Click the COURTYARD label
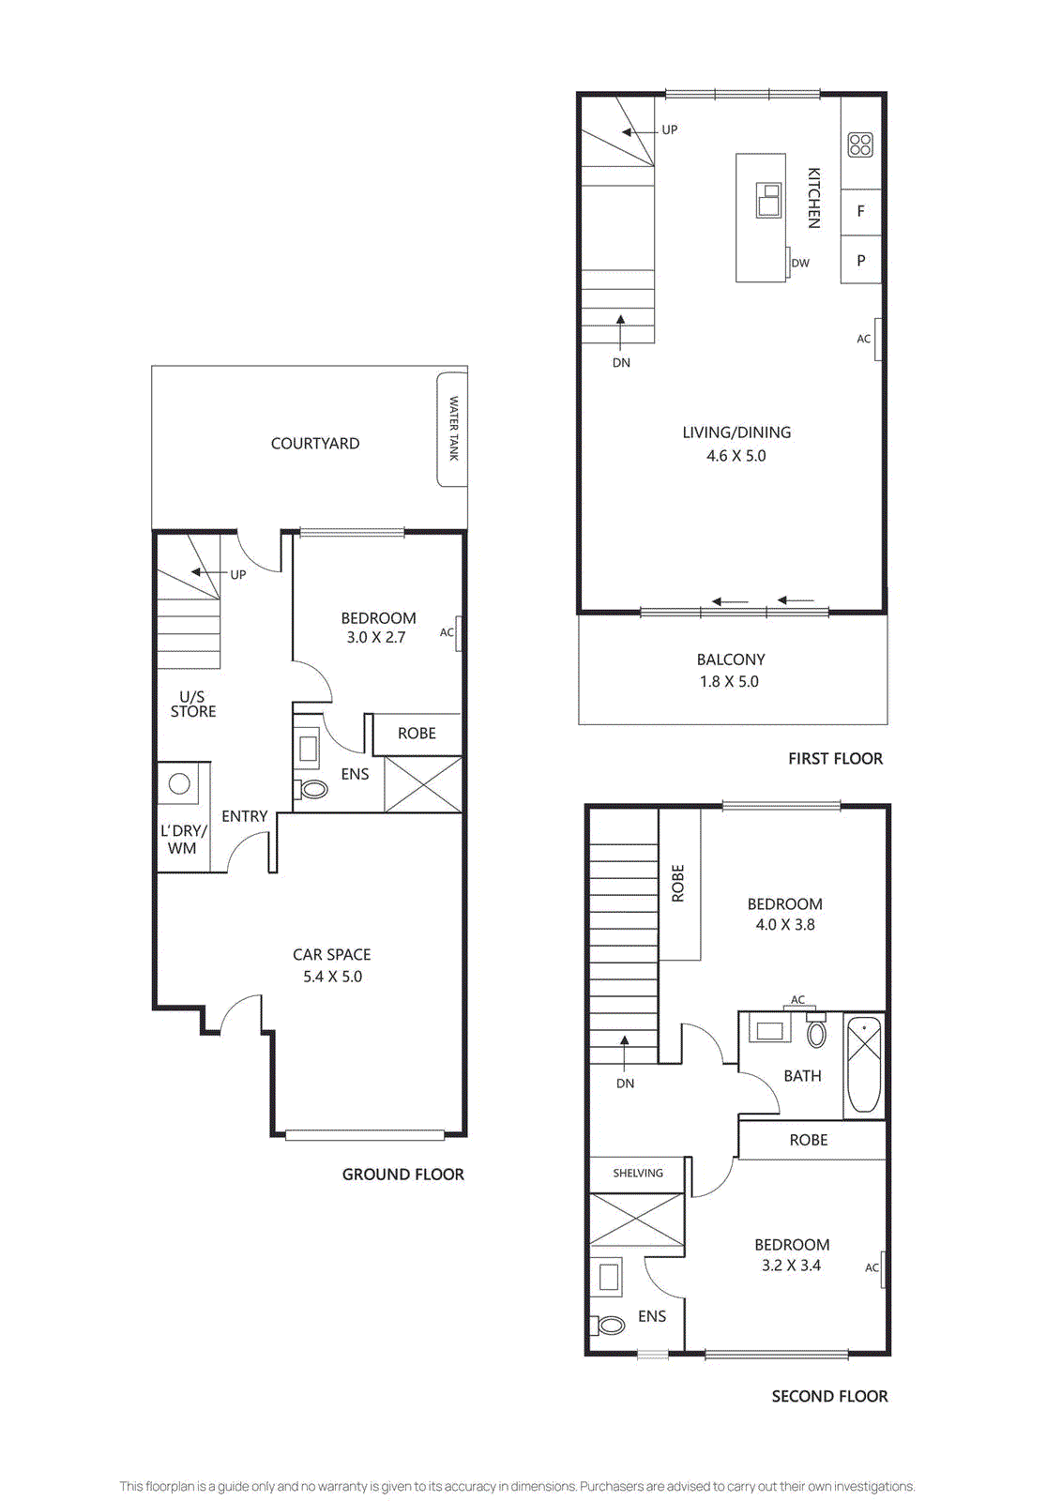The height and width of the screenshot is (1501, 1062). pos(315,444)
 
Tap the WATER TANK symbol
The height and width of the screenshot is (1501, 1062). pos(452,429)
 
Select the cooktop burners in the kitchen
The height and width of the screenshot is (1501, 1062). pos(860,144)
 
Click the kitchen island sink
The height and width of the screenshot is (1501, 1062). pos(768,201)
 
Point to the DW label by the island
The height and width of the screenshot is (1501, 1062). pos(800,264)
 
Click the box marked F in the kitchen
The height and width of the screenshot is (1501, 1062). pos(860,212)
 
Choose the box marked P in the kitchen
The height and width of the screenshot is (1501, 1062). pos(860,261)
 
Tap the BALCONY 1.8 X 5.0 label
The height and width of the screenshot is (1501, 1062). pos(730,671)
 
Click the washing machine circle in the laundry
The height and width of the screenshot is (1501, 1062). pos(180,783)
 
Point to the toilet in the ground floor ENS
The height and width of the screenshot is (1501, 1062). pos(313,789)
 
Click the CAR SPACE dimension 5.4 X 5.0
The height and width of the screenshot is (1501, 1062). pos(332,977)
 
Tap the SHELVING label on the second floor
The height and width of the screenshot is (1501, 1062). pos(638,1174)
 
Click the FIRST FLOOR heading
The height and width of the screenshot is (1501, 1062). pos(835,759)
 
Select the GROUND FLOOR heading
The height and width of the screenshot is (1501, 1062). pos(402,1175)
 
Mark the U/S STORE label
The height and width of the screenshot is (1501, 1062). pos(193,705)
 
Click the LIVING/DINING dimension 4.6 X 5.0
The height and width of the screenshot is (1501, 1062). pos(736,456)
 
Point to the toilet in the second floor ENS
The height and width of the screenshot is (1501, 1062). pos(610,1326)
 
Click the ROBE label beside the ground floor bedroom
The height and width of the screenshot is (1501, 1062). pos(417,734)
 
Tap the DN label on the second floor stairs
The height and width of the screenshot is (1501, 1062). pos(625,1084)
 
